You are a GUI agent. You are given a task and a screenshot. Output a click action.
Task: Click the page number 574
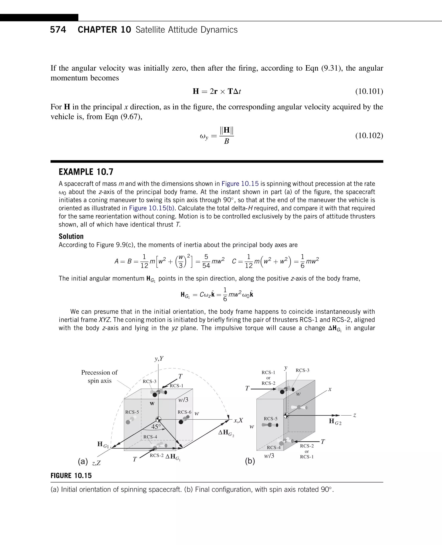58,30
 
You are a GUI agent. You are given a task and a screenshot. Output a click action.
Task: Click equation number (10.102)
369,135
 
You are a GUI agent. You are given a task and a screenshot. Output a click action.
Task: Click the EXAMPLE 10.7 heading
86,172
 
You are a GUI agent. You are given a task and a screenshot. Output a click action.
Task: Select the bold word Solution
71,236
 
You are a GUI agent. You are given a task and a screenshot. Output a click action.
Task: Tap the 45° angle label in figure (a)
156,427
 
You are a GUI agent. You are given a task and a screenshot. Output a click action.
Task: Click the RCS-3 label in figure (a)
149,381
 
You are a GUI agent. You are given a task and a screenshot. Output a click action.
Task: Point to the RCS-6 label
184,412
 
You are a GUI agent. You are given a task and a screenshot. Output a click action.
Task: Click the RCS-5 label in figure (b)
270,419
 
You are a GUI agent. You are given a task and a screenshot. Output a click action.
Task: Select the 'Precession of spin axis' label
99,376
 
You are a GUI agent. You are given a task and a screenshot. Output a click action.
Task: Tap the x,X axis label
238,420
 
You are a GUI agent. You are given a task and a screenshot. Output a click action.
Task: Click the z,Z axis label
96,463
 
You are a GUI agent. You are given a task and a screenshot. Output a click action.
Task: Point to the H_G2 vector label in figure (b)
335,422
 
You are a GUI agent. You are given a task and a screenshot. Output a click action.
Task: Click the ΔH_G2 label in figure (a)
226,433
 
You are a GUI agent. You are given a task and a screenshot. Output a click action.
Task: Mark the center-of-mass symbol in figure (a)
158,419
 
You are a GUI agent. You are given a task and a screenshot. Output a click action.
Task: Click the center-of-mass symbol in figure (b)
286,415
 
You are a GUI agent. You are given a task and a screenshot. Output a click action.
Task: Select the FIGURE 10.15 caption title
71,476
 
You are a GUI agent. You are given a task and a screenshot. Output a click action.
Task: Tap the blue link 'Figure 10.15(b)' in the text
152,208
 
